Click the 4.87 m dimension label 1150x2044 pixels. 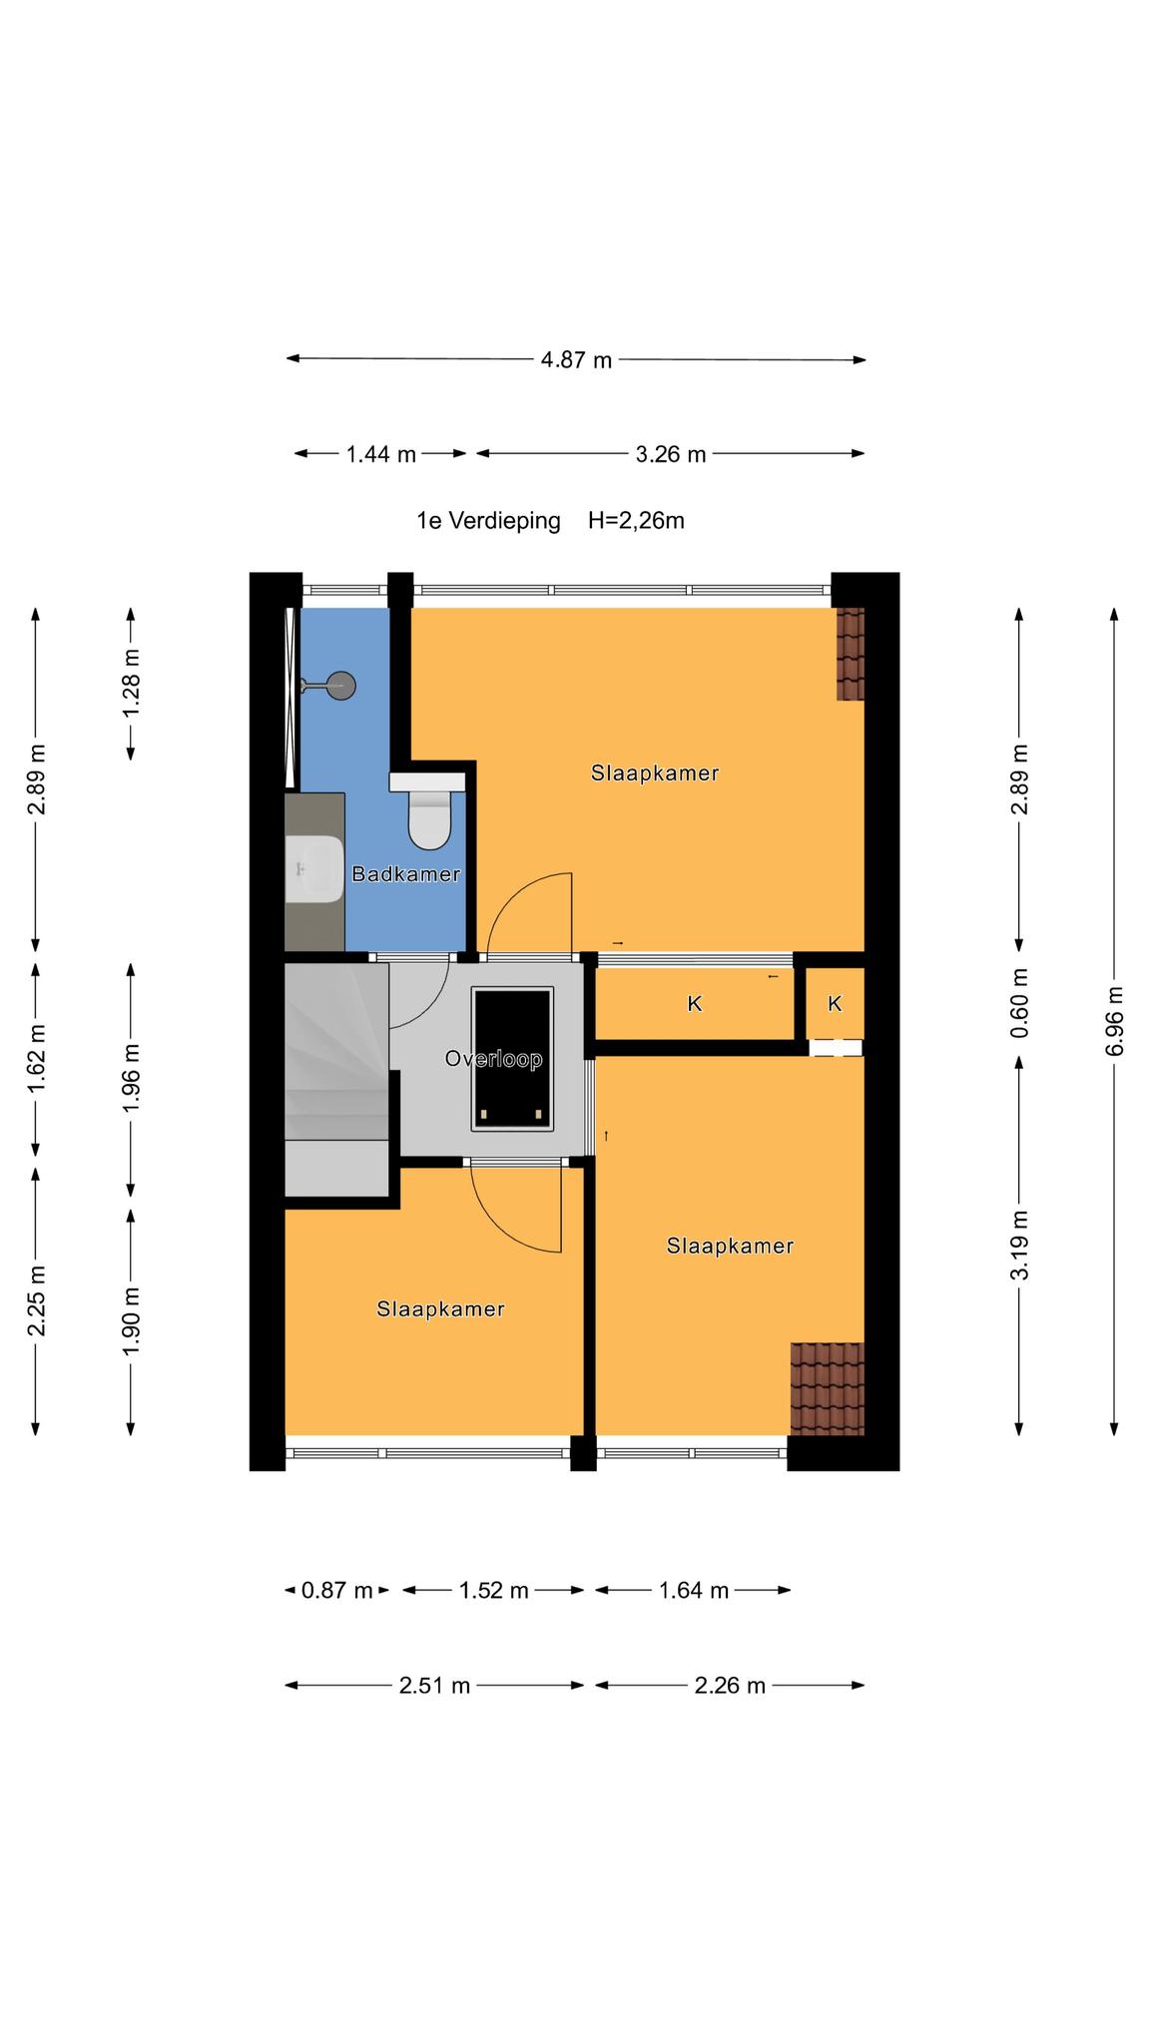tap(576, 360)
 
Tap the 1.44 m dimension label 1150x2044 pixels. tap(380, 455)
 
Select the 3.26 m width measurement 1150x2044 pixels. tap(671, 455)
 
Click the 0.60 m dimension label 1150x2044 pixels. tap(1019, 1003)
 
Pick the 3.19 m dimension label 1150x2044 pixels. tap(1019, 1246)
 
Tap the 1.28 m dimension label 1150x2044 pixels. tap(131, 683)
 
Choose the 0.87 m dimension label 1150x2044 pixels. tap(337, 1590)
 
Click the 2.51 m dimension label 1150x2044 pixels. tap(434, 1686)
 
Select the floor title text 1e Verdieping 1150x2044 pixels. tap(488, 521)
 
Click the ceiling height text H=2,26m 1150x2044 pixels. tap(636, 521)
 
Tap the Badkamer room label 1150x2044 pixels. tap(405, 874)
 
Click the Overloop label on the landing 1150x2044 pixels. tap(493, 1059)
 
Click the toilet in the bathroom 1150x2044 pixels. tap(429, 809)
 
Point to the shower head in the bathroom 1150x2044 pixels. tap(341, 685)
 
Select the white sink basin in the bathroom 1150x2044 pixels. tap(313, 869)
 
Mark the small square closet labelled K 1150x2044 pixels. tap(835, 1003)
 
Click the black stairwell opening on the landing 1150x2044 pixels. tap(512, 1059)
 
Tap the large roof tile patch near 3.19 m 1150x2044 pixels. tap(827, 1388)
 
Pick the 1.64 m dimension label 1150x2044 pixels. tap(694, 1590)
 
